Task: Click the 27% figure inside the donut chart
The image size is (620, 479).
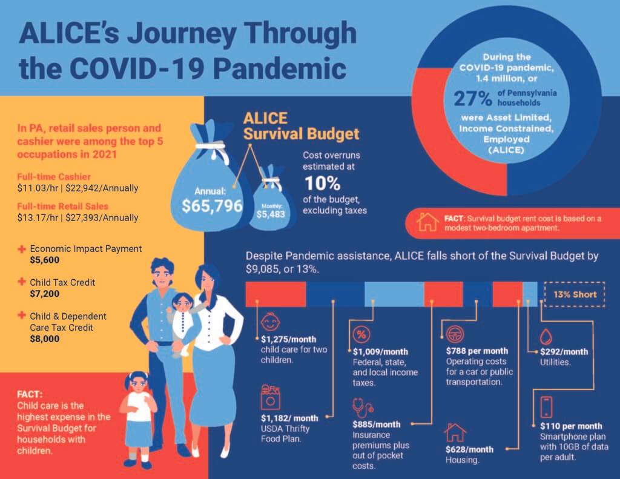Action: tap(473, 98)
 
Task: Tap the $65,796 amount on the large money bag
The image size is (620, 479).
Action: tap(212, 206)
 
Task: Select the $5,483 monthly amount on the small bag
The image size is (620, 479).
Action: tap(271, 214)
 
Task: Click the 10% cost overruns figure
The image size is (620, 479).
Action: tap(322, 183)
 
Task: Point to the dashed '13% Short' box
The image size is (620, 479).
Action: tap(575, 294)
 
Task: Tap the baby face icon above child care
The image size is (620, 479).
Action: tap(271, 322)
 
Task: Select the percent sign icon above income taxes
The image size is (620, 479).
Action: tap(361, 335)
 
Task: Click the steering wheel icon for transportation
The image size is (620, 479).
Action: tap(455, 334)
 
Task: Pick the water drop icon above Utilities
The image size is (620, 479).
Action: tap(546, 337)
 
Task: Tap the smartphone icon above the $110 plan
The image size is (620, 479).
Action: tap(546, 406)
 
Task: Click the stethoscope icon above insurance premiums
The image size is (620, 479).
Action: tap(363, 408)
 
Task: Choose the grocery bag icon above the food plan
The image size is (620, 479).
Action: tap(271, 397)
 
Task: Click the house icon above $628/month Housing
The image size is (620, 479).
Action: tap(455, 432)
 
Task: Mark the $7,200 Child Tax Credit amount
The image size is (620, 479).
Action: tap(45, 294)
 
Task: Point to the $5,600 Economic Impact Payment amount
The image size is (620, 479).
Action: tap(45, 260)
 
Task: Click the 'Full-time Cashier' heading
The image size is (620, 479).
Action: tap(54, 177)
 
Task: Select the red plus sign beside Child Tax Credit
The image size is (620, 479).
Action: tap(22, 282)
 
